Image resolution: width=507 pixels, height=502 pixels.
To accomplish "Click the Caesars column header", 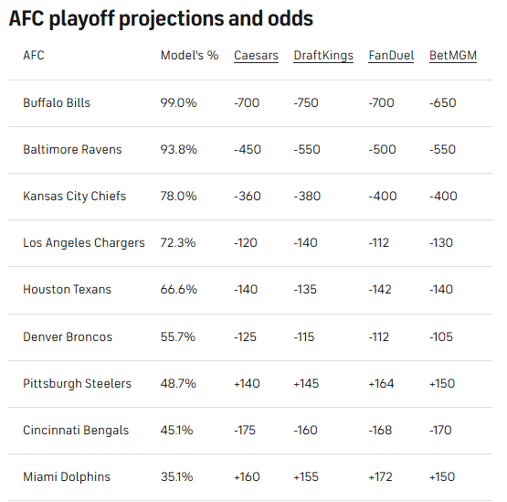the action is pyautogui.click(x=256, y=56).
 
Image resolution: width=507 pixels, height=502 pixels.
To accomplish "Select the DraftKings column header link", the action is pyautogui.click(x=323, y=56).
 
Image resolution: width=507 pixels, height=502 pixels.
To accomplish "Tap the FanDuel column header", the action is pyautogui.click(x=391, y=56).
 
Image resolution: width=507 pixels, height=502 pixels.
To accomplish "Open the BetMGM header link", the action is pyautogui.click(x=453, y=56).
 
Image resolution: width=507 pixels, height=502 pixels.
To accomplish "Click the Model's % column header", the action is pyautogui.click(x=189, y=56).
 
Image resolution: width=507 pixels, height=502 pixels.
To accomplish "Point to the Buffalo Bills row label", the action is pyautogui.click(x=57, y=103).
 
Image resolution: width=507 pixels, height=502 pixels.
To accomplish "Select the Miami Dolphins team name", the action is pyautogui.click(x=67, y=476).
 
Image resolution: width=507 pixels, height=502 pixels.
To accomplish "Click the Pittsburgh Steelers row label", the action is pyautogui.click(x=78, y=383).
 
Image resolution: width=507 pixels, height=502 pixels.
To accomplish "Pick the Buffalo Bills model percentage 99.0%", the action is pyautogui.click(x=178, y=103).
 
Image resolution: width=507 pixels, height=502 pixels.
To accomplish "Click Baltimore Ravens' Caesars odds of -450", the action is pyautogui.click(x=248, y=150).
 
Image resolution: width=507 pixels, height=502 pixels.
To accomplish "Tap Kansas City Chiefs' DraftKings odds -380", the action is pyautogui.click(x=307, y=197).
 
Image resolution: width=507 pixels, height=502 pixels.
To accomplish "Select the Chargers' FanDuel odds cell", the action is pyautogui.click(x=378, y=242).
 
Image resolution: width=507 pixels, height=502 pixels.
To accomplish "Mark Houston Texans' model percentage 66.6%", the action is pyautogui.click(x=178, y=289).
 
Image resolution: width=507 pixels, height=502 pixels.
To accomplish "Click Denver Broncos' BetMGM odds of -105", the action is pyautogui.click(x=441, y=336).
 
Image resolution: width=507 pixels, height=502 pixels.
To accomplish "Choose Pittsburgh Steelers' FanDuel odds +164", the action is pyautogui.click(x=381, y=383).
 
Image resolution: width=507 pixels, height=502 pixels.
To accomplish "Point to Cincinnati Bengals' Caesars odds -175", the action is pyautogui.click(x=245, y=430).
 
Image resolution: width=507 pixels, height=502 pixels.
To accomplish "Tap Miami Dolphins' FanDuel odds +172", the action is pyautogui.click(x=380, y=476).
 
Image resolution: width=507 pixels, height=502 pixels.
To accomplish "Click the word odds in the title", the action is pyautogui.click(x=290, y=18).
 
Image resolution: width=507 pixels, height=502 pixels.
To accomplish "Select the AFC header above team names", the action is pyautogui.click(x=34, y=56).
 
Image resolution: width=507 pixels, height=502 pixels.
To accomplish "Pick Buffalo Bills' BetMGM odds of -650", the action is pyautogui.click(x=443, y=103).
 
